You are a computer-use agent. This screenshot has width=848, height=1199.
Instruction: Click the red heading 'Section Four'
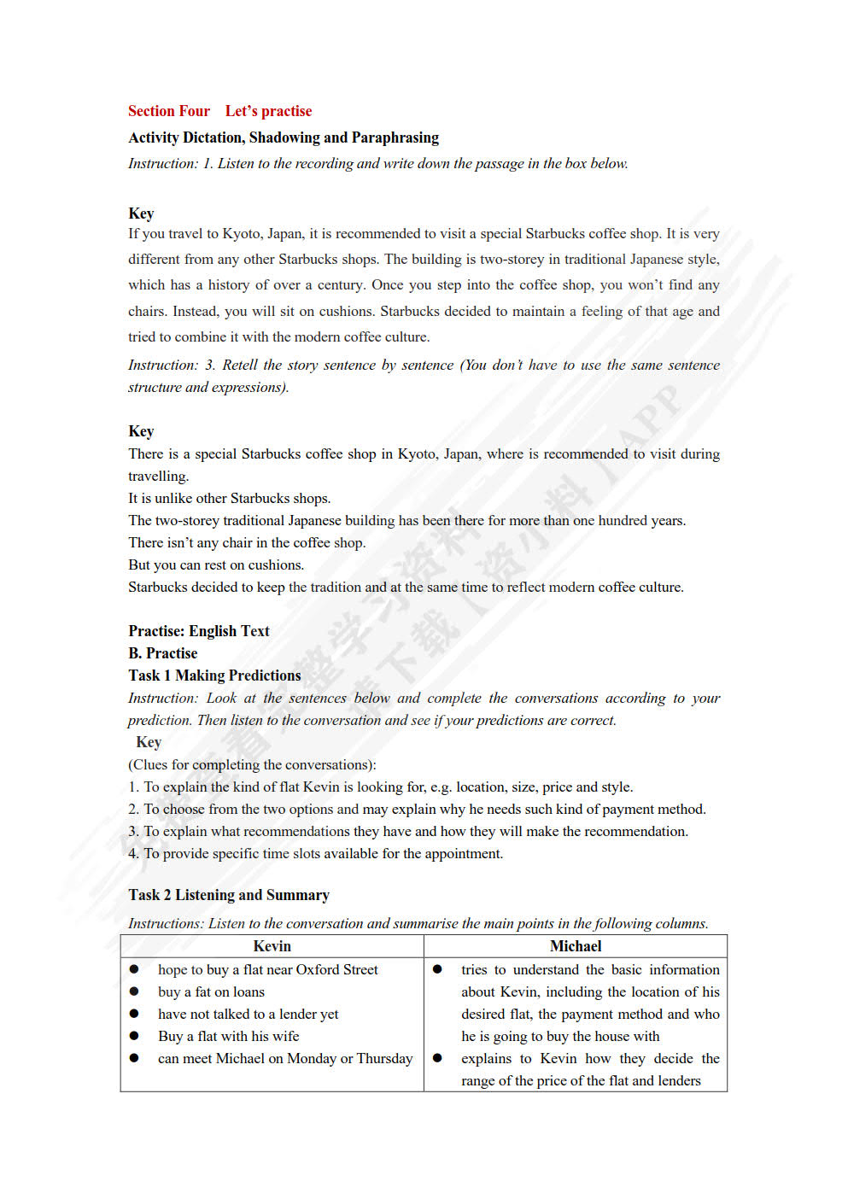(x=168, y=111)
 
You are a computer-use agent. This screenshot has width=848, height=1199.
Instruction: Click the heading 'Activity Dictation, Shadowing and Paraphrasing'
(x=283, y=137)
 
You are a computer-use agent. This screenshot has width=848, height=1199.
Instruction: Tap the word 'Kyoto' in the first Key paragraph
(x=242, y=234)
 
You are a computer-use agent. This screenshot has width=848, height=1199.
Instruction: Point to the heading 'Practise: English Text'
(x=198, y=631)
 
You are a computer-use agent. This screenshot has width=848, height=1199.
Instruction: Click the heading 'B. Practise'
(x=162, y=653)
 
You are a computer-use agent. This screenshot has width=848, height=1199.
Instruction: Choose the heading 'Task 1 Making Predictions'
(x=214, y=676)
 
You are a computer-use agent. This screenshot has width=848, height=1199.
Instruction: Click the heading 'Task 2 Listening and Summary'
(x=228, y=895)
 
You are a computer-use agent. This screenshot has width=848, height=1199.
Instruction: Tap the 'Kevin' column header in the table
(x=272, y=946)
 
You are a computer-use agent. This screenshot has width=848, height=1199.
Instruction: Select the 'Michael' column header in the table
(x=575, y=946)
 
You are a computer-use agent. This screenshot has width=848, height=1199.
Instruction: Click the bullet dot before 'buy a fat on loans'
(x=134, y=991)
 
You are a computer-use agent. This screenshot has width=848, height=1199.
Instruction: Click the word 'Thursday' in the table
(x=384, y=1059)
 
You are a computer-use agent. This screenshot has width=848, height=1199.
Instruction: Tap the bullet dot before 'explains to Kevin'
(x=437, y=1058)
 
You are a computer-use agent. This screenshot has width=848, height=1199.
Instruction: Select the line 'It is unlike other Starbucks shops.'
(x=229, y=499)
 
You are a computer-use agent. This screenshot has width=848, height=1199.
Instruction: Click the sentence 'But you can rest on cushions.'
(x=215, y=565)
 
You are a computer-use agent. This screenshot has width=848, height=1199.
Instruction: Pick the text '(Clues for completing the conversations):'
(x=252, y=765)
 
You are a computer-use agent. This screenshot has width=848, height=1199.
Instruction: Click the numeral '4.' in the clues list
(x=133, y=854)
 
